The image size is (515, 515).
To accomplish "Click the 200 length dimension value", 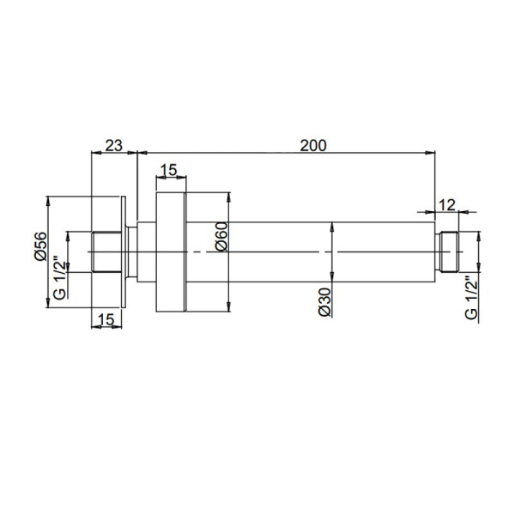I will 313,145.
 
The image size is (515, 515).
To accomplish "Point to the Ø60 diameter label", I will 221,236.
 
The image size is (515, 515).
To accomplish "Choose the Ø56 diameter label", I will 39,245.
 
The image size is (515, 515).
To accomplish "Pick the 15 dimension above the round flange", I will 169,170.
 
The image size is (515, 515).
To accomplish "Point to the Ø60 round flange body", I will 169,251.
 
